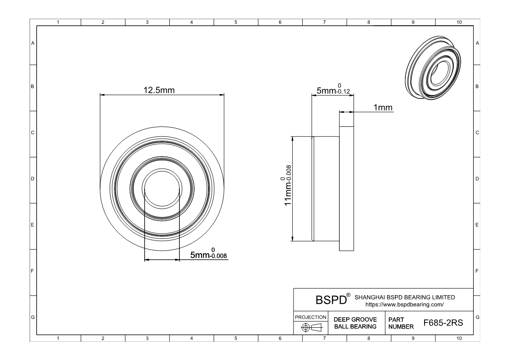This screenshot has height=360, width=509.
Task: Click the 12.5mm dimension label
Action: coord(159,90)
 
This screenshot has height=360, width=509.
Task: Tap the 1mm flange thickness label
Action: coord(383,107)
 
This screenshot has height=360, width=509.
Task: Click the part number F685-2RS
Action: coord(443,323)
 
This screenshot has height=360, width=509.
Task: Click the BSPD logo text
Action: coord(331,299)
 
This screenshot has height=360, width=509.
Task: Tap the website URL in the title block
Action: coord(405,305)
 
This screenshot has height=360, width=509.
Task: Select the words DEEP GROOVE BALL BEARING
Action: coord(355,323)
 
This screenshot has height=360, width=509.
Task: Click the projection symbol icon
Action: coord(311,327)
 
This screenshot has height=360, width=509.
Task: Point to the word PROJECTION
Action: coord(310,317)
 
